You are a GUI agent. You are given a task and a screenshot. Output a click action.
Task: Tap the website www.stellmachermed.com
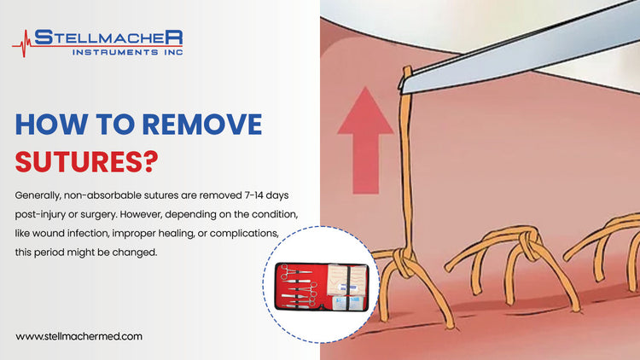pos(79,336)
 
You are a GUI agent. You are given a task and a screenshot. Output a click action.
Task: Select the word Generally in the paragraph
pos(42,192)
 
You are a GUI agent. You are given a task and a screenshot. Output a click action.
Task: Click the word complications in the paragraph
pos(251,231)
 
